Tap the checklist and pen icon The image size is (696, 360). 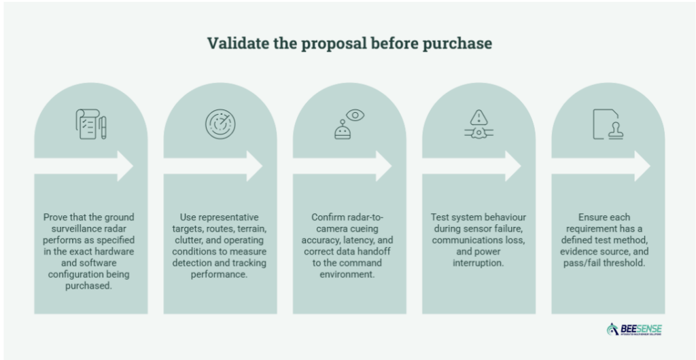pyautogui.click(x=92, y=124)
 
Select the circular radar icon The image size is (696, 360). pyautogui.click(x=220, y=124)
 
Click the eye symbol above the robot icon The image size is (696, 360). pyautogui.click(x=355, y=115)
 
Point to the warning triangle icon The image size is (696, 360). pyautogui.click(x=479, y=118)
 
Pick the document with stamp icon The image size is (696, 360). pyautogui.click(x=608, y=124)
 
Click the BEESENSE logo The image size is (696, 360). pyautogui.click(x=634, y=329)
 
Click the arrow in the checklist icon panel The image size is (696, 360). pyautogui.click(x=84, y=166)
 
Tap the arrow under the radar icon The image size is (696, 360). pyautogui.click(x=213, y=166)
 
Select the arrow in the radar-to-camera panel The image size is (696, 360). pyautogui.click(x=343, y=166)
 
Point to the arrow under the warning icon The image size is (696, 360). pyautogui.click(x=472, y=166)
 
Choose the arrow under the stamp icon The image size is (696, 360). pyautogui.click(x=601, y=166)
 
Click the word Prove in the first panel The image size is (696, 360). pyautogui.click(x=53, y=217)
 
